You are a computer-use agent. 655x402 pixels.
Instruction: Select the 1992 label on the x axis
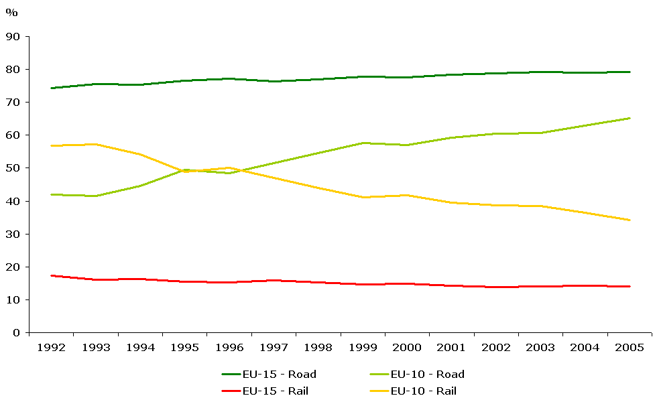[51, 348]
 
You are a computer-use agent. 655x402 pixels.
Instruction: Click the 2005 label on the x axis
[629, 348]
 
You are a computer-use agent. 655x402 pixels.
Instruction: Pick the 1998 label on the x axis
[318, 348]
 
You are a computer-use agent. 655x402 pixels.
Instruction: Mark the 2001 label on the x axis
[451, 348]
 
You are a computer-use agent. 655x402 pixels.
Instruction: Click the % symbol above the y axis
[11, 13]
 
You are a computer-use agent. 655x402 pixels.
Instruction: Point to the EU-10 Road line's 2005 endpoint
[630, 118]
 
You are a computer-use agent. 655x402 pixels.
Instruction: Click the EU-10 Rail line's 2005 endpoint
[630, 220]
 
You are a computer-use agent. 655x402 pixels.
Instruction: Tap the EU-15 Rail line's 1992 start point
[51, 275]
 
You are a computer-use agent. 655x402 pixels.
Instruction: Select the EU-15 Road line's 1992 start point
[51, 88]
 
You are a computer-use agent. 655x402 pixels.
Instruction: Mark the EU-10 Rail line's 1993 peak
[95, 144]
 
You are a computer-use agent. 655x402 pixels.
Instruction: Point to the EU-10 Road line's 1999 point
[363, 143]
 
